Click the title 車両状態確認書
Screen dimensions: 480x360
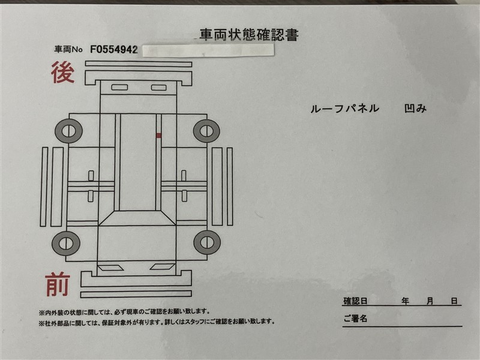(249, 35)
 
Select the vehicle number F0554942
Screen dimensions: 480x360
(114, 50)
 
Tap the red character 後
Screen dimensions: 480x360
(63, 72)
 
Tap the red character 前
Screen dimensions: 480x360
(58, 284)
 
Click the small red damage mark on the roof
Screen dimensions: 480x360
(158, 136)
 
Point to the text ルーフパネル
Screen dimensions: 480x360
(344, 109)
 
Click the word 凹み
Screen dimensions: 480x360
(415, 109)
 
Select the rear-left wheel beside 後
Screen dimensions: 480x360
(68, 131)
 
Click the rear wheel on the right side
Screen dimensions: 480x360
(206, 131)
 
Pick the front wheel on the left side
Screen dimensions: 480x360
(66, 244)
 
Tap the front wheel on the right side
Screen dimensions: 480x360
(207, 242)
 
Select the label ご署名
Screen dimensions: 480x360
(355, 319)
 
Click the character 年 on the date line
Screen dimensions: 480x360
(406, 301)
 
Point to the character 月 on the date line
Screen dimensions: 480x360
(430, 301)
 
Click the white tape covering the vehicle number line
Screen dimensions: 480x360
(208, 50)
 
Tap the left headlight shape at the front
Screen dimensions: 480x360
(110, 267)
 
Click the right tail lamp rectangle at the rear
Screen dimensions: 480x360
(158, 88)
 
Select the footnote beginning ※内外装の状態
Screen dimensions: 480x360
(124, 312)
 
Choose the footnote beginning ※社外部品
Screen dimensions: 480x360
(157, 322)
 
